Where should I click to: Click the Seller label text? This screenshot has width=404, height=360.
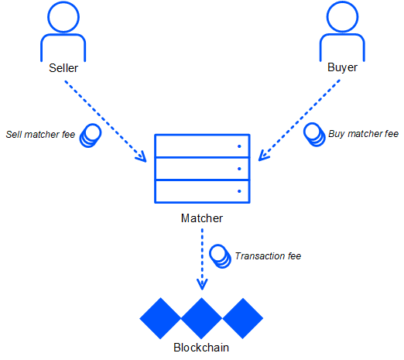pos(63,68)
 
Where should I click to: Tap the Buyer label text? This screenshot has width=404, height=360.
pos(342,67)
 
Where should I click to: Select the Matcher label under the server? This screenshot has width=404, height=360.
pos(202,218)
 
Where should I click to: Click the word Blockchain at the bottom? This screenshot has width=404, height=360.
pos(201,348)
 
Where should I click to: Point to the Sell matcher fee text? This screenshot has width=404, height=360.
pos(40,135)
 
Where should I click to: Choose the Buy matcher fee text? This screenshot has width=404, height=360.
pos(363,134)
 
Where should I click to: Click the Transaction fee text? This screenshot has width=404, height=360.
pos(268,256)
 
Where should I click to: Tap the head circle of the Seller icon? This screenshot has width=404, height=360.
pos(63,17)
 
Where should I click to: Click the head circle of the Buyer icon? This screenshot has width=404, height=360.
pos(342,17)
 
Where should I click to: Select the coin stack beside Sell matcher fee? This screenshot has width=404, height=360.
pos(91,135)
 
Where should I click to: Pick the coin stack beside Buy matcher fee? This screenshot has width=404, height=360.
pos(314,135)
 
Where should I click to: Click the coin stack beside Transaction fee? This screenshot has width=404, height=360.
pos(220,256)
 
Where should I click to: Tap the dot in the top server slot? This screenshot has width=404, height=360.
pos(239,146)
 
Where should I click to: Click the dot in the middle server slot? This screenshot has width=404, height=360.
pos(239,169)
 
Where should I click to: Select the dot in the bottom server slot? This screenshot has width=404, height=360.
pos(239,191)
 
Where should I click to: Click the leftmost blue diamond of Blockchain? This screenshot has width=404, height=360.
pos(160,318)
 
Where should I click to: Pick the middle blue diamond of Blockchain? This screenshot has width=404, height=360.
pos(201,318)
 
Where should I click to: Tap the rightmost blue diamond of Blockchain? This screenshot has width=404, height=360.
pos(243,318)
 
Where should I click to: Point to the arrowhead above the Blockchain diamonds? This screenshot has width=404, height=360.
pos(202,285)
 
